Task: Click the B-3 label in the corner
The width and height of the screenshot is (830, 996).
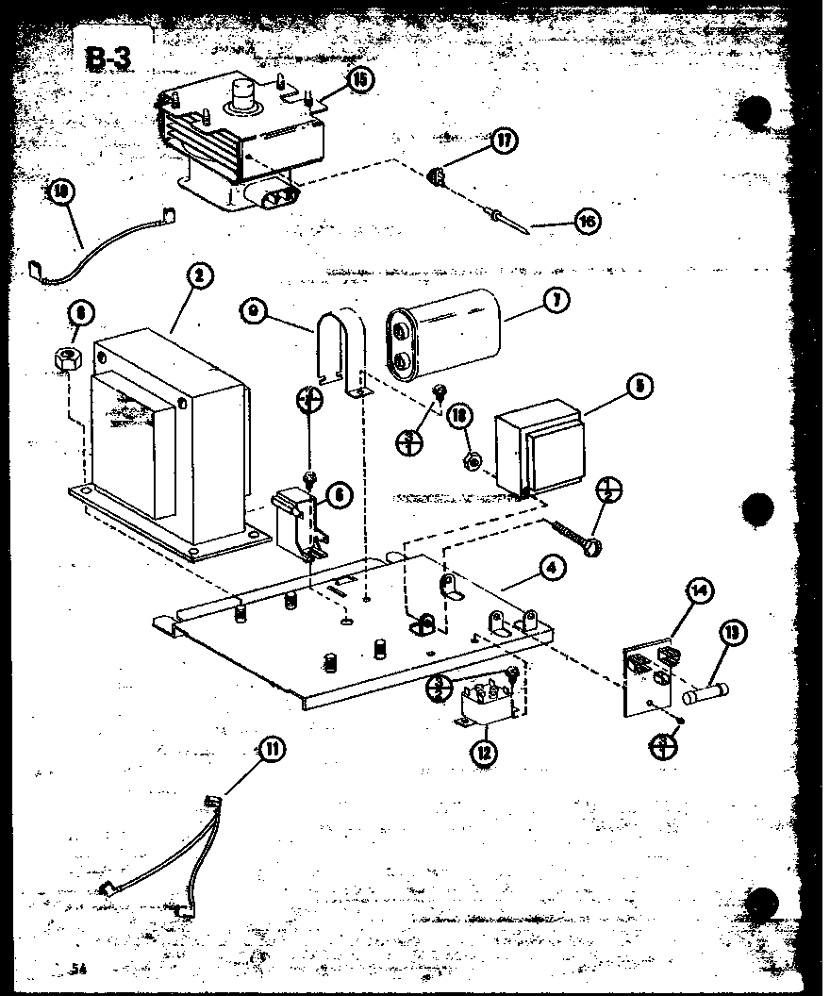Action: [109, 59]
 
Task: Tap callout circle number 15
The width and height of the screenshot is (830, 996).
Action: [359, 79]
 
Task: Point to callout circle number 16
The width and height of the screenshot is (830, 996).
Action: [586, 222]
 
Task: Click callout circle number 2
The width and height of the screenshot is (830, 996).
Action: [199, 276]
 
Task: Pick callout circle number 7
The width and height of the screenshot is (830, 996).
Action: [557, 302]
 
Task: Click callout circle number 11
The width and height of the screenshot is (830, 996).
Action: [272, 751]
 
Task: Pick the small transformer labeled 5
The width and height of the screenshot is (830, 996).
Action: [539, 448]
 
